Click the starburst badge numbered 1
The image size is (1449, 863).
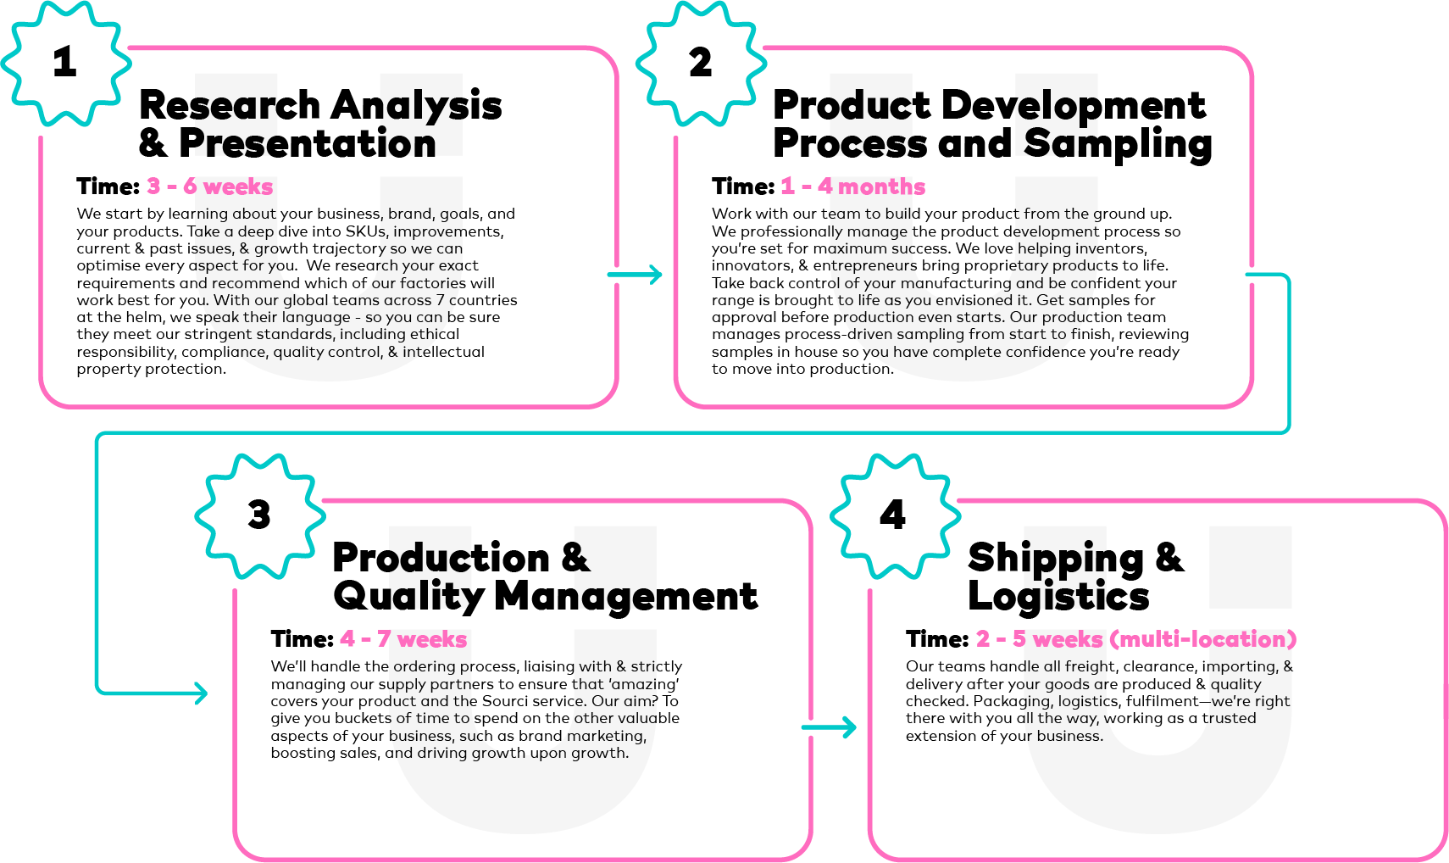(x=66, y=64)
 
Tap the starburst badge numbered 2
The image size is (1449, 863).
(x=702, y=64)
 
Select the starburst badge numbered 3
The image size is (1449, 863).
(x=260, y=516)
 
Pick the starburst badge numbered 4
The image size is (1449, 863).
(x=896, y=516)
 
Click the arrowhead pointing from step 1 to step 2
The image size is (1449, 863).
(x=656, y=275)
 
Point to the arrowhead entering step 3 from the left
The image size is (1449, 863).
(x=201, y=693)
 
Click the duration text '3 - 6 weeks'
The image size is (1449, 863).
(x=209, y=187)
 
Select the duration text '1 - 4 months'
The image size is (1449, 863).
(x=852, y=187)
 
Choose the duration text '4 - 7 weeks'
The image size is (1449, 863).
(x=403, y=639)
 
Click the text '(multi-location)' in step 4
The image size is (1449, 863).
(x=1203, y=639)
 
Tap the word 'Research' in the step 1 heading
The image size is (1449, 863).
(x=230, y=105)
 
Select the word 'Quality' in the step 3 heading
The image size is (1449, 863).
(x=408, y=597)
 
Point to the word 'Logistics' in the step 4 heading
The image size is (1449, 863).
(x=1058, y=597)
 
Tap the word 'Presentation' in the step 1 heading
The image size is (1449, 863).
(x=308, y=143)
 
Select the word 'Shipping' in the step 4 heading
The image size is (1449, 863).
(x=1056, y=559)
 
